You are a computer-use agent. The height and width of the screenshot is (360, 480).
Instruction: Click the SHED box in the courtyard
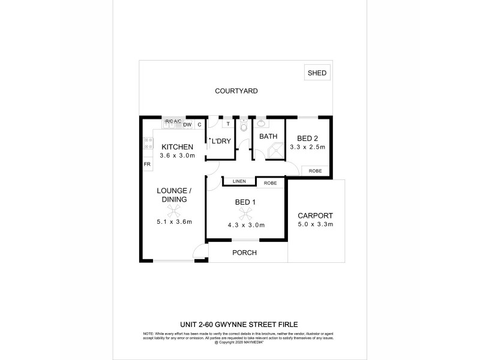(317, 73)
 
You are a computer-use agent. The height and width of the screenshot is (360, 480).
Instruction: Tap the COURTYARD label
(236, 91)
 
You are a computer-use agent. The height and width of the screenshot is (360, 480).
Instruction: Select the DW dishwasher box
(187, 125)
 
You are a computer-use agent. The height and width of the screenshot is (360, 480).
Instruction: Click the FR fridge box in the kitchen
(146, 164)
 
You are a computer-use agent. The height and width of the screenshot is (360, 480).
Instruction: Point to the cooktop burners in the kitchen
(146, 144)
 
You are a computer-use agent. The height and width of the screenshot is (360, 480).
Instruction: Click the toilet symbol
(244, 127)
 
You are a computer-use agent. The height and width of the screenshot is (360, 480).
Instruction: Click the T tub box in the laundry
(228, 125)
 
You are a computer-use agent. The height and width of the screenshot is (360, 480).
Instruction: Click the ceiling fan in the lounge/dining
(174, 211)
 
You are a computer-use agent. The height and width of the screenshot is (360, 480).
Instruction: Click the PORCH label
(245, 253)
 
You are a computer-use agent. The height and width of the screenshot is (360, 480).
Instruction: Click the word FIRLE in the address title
(286, 323)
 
